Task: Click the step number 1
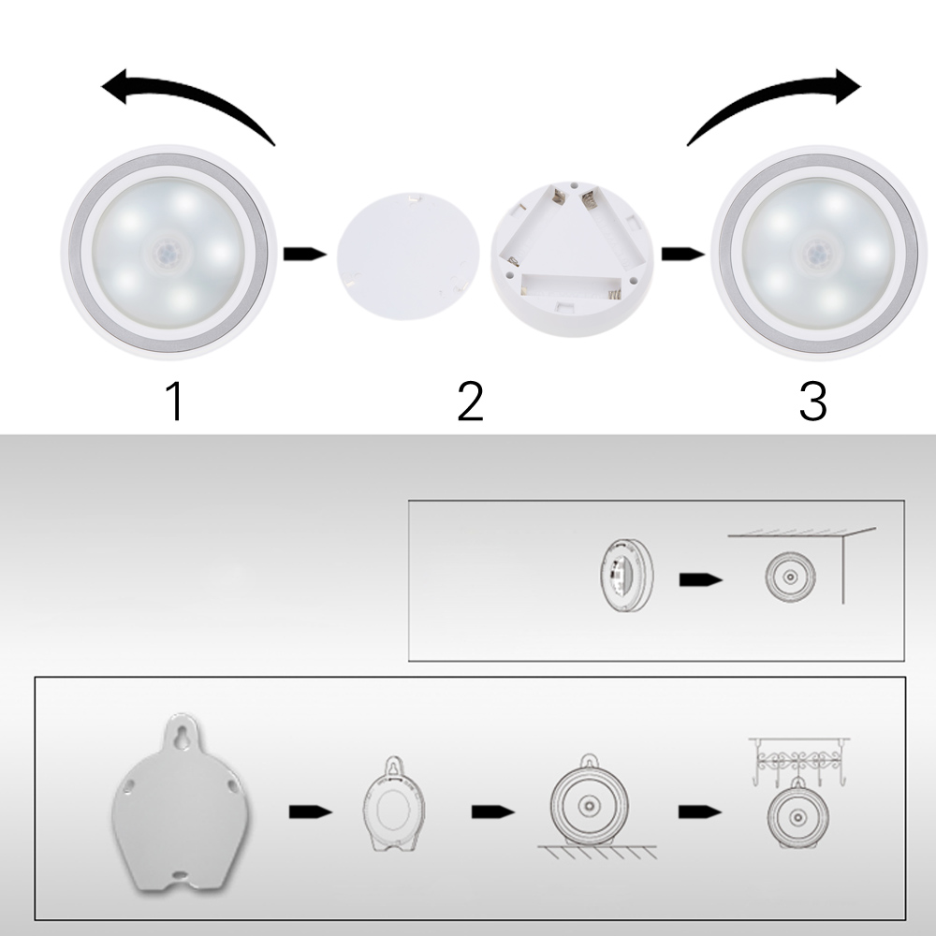coord(175,402)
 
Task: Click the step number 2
coord(471,402)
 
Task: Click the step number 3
coord(813,402)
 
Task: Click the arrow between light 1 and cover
coord(304,255)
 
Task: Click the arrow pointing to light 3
coord(683,255)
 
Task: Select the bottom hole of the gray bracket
coord(179,874)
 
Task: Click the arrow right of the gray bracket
coord(311,812)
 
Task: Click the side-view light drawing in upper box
coord(627,577)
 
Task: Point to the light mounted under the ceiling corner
coord(790,577)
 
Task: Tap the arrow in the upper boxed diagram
coord(701,579)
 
